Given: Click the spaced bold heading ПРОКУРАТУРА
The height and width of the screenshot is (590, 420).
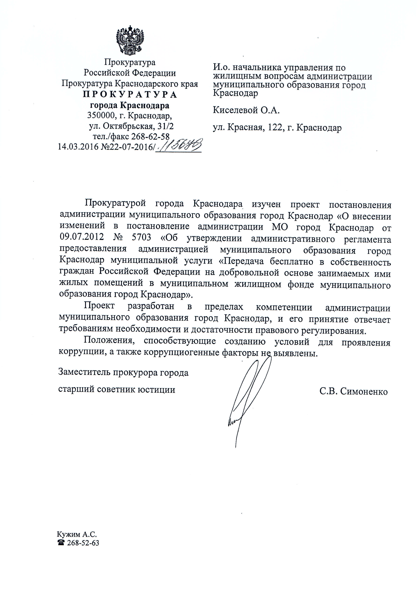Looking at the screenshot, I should click(x=130, y=95).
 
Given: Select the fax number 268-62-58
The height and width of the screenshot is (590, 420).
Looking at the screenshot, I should click(x=150, y=137).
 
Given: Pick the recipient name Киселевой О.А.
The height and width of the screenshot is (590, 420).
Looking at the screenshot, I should click(x=246, y=111).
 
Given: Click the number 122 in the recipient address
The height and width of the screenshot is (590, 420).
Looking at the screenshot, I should click(x=274, y=128).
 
